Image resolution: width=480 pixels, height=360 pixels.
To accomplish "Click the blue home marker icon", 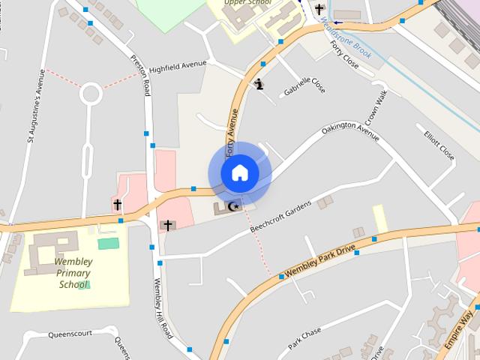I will point(239,172).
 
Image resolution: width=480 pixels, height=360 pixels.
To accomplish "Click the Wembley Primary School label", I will point(73,273).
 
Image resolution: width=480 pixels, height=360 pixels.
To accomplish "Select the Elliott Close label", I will point(439,146).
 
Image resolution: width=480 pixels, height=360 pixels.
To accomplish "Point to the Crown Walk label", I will point(375,109).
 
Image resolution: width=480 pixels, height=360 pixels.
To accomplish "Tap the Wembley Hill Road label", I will point(163,308).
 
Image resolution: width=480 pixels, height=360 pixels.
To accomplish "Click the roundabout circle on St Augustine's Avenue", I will point(91,94).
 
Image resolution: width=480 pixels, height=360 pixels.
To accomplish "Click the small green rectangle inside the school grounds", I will point(108,243).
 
